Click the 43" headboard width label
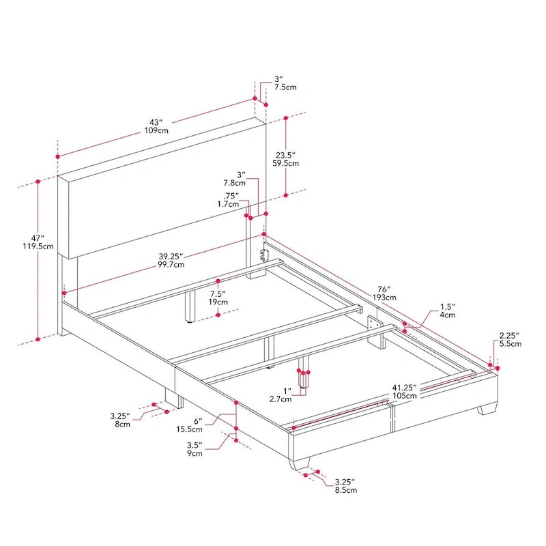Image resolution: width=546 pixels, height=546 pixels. pos(156,121)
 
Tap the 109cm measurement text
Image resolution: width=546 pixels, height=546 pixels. pos(156,130)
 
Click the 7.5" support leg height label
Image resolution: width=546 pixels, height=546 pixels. pos(218,293)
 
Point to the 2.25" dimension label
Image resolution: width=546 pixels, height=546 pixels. pos(509,335)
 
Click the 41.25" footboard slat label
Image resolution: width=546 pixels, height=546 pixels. pos(405,387)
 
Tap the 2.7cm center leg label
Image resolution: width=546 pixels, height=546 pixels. pos(283,398)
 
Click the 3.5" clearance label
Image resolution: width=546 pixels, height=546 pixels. pos(195,444)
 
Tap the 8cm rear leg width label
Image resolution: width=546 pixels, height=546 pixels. pos(123,424)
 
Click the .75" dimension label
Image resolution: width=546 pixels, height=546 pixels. pos(232,195)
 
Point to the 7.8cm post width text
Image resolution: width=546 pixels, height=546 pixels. pos(234,184)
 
